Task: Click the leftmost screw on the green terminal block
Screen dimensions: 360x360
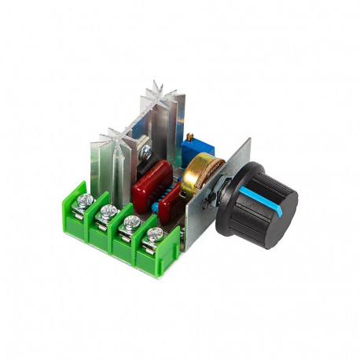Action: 86,201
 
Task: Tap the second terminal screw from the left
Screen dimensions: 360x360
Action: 108,211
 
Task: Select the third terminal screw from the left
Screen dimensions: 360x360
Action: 131,222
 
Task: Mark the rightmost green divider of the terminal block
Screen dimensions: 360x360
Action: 175,244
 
